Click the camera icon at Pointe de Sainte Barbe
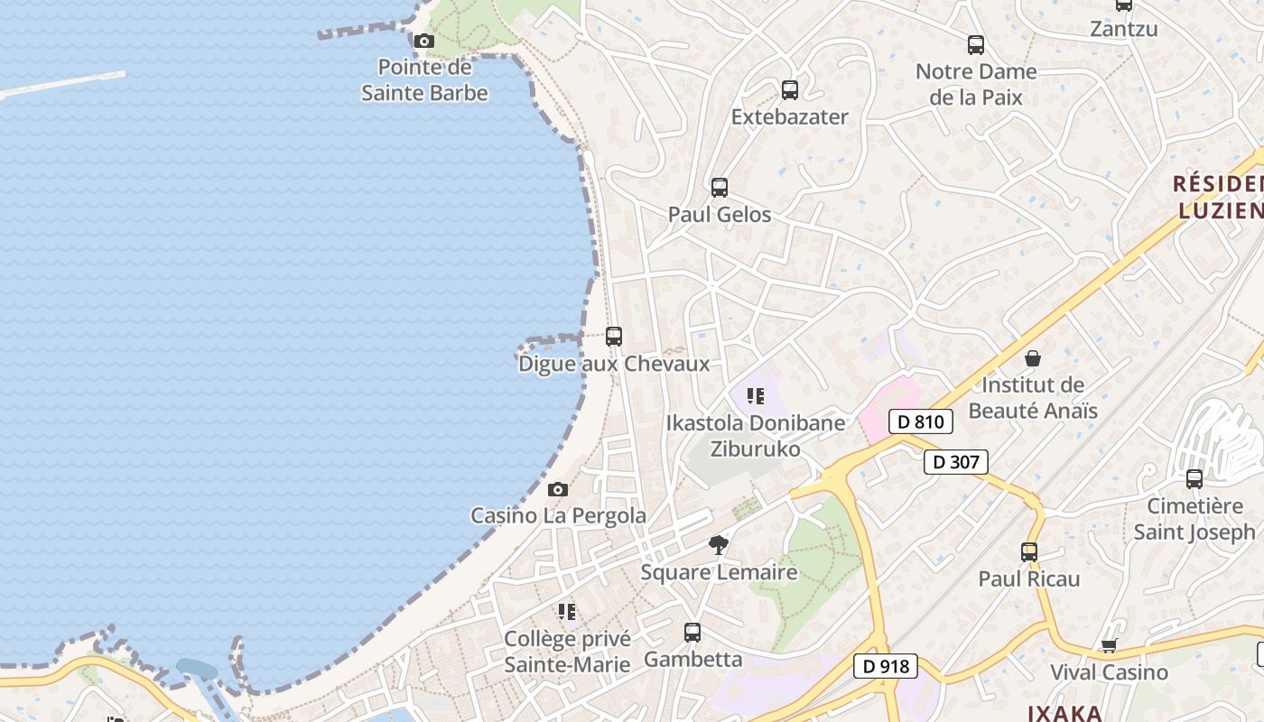tap(423, 41)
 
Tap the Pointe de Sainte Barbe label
tap(424, 80)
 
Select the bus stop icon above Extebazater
tap(790, 90)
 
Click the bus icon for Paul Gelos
tap(720, 188)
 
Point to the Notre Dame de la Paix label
tap(976, 84)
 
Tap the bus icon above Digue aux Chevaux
tap(614, 337)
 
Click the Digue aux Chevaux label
tap(614, 365)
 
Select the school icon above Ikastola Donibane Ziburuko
tap(756, 395)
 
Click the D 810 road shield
tap(921, 421)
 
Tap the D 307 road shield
tap(956, 462)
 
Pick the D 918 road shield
tap(886, 667)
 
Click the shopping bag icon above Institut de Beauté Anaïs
tap(1033, 359)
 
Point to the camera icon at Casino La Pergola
tap(558, 490)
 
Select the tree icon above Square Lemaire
tap(719, 545)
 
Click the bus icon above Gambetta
tap(692, 633)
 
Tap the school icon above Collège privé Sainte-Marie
tap(567, 612)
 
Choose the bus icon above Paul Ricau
tap(1029, 552)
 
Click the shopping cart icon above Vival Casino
tap(1109, 646)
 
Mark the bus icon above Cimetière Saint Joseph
tap(1194, 479)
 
